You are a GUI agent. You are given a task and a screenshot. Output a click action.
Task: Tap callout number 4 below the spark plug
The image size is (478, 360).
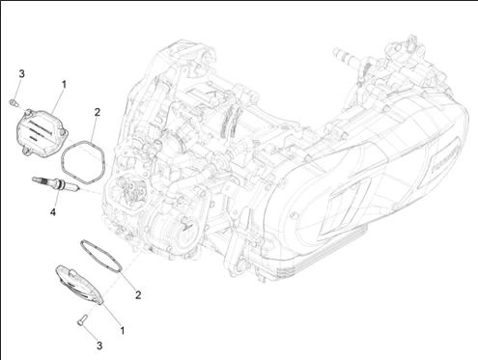point(53,211)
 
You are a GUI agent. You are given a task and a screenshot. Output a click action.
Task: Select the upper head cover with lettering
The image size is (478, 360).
point(42,133)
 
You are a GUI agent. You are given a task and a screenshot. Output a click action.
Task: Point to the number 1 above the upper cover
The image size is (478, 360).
point(64,85)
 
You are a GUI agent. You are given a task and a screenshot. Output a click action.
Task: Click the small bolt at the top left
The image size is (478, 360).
point(14,102)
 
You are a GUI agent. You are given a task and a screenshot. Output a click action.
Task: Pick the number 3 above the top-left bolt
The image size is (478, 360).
point(21,73)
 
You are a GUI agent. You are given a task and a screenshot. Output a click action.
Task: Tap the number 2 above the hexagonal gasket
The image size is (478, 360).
point(98,112)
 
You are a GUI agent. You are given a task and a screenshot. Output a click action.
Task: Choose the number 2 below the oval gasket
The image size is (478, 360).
point(138,294)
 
